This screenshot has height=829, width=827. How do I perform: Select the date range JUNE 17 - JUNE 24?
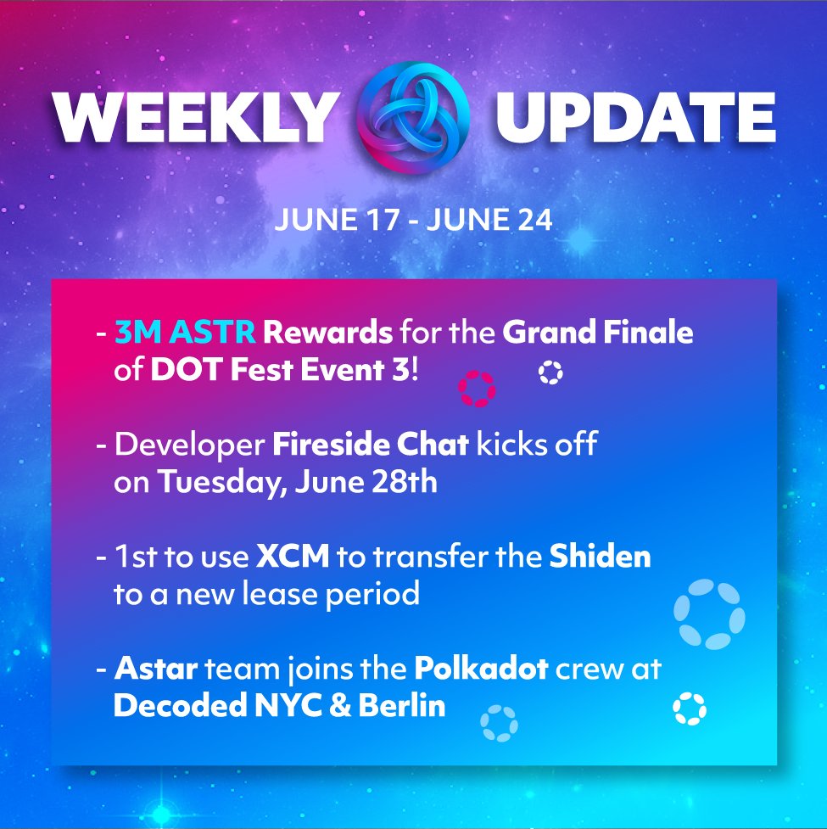point(413,221)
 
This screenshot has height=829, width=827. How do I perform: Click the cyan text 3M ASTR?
point(186,333)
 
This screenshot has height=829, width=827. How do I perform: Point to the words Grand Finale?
point(598,333)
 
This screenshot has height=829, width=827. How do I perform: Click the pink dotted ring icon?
point(477,389)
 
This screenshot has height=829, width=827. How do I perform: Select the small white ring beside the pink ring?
point(550,372)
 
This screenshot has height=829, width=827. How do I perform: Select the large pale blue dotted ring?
point(709,613)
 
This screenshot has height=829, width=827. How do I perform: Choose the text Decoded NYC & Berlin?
point(279,707)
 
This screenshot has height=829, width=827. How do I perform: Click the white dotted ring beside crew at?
point(689,709)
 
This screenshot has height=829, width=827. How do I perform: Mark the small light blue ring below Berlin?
point(500,724)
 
